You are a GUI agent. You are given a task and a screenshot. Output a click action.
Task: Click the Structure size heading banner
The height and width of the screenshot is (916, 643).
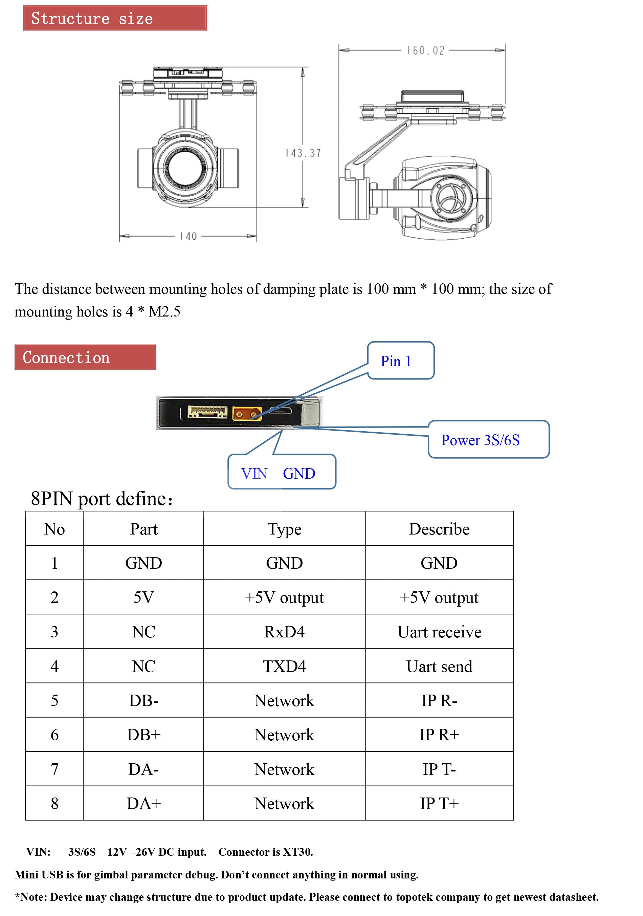pyautogui.click(x=115, y=18)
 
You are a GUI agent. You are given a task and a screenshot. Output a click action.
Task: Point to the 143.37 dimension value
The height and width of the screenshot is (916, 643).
pyautogui.click(x=303, y=153)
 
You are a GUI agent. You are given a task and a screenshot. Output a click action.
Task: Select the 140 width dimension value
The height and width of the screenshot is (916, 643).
pyautogui.click(x=188, y=236)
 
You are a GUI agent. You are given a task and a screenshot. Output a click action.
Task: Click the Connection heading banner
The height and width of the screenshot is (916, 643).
pyautogui.click(x=85, y=357)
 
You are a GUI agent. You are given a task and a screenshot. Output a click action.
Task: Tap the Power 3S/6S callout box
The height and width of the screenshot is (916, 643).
pyautogui.click(x=488, y=440)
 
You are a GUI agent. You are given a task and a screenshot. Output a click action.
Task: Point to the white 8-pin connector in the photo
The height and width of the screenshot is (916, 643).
pyautogui.click(x=207, y=412)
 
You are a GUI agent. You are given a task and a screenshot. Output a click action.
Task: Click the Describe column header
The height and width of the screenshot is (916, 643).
pyautogui.click(x=439, y=529)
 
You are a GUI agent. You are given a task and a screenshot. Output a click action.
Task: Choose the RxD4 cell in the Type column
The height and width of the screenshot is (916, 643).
pyautogui.click(x=284, y=632)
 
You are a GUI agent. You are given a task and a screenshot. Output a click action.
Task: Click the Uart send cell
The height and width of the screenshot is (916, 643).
pyautogui.click(x=439, y=666)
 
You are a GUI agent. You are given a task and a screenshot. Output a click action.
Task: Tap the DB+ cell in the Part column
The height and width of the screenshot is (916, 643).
pyautogui.click(x=143, y=735)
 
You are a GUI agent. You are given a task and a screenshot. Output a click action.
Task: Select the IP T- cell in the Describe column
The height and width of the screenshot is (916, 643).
pyautogui.click(x=439, y=769)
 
